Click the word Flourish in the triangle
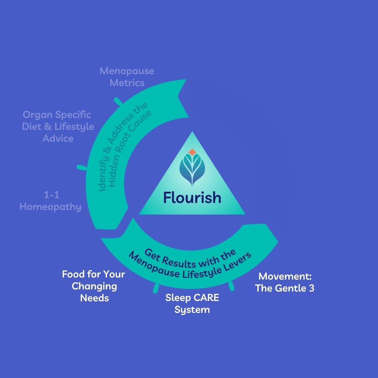pos(192,198)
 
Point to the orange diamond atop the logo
pos(192,152)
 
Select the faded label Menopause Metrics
pos(127,77)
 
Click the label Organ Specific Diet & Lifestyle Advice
pos(58,126)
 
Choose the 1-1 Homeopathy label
pos(50,201)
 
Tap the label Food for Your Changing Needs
pos(94,286)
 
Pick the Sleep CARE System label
pos(192,303)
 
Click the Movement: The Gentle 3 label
pos(285,282)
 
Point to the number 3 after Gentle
pos(310,288)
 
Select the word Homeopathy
pos(50,207)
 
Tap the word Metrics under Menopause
pos(127,83)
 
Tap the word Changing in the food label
pos(94,286)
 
